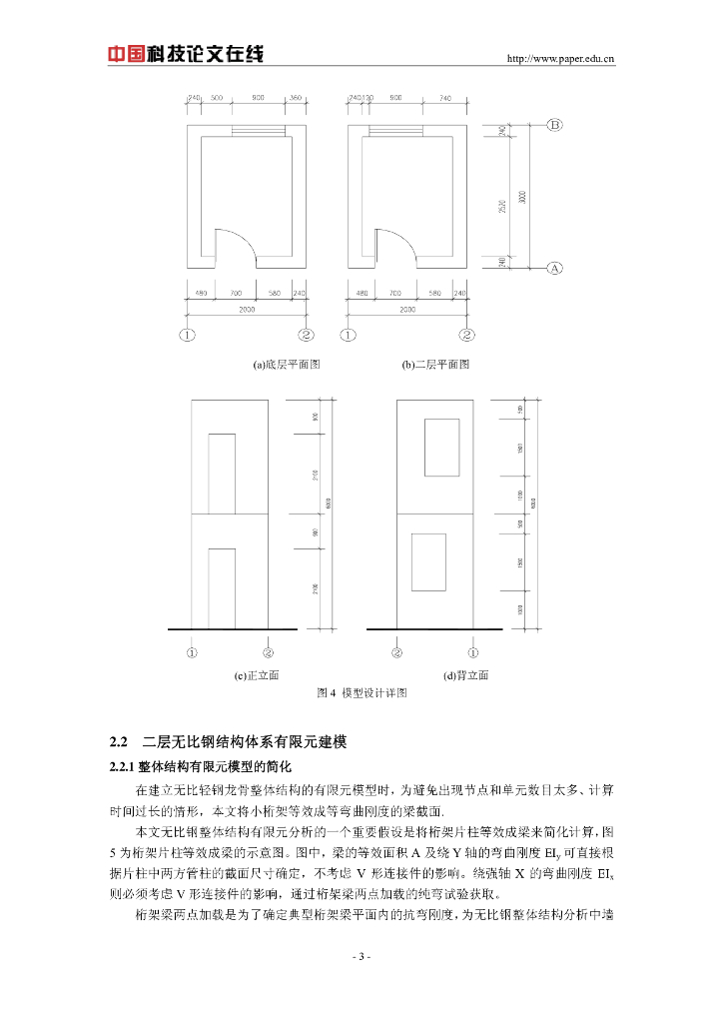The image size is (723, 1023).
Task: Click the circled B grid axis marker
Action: point(556,125)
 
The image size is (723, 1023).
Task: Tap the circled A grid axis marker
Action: point(556,268)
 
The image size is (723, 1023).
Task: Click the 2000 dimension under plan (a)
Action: point(246,310)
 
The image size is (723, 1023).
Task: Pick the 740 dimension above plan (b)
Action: point(445,99)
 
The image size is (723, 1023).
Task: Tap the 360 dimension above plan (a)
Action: point(296,99)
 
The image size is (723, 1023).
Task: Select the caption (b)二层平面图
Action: point(435,365)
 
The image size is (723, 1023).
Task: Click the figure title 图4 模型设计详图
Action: point(361,692)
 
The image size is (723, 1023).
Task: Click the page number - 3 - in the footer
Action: point(361,957)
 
